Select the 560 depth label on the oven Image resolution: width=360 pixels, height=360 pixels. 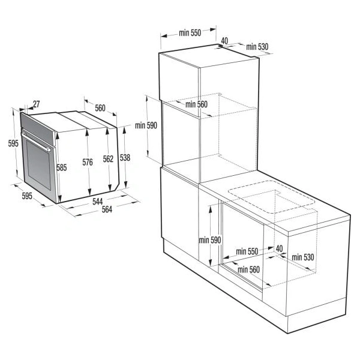(x=100, y=109)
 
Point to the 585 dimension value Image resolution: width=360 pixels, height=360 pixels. (x=61, y=168)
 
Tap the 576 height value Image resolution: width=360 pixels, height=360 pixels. (x=88, y=162)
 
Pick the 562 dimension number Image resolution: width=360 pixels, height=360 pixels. (x=108, y=159)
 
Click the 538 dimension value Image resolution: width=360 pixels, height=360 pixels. (x=125, y=157)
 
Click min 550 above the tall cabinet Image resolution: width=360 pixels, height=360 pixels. (x=189, y=34)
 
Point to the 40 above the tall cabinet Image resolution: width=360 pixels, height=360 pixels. (x=224, y=41)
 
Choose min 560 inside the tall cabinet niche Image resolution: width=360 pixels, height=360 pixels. (x=196, y=104)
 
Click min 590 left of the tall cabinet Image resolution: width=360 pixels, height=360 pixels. (x=146, y=125)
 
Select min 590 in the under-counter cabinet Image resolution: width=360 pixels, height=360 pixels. (x=210, y=240)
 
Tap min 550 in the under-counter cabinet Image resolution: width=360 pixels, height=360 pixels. (x=247, y=251)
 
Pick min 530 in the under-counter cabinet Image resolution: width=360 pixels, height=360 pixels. (x=304, y=257)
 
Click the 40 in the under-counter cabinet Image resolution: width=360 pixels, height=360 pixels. (x=278, y=248)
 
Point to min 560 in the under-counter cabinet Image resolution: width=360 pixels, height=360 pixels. (x=248, y=269)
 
